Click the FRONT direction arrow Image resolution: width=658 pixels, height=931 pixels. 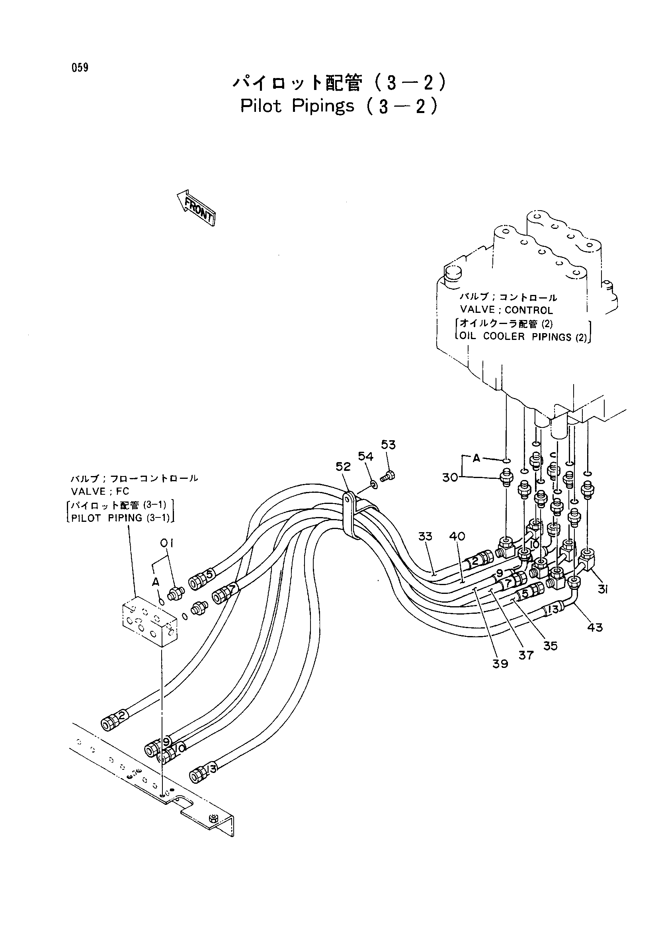(x=196, y=207)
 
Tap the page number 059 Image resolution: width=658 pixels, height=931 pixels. (x=80, y=68)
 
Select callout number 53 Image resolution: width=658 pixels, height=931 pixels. (x=388, y=445)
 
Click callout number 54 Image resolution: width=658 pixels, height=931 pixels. (x=365, y=457)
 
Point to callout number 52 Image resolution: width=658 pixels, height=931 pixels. (x=343, y=467)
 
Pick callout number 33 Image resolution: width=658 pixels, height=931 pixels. (x=425, y=537)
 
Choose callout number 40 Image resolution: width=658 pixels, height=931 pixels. (x=457, y=537)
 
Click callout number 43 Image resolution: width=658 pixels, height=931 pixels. (x=595, y=627)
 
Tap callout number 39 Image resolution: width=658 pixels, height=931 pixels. (x=500, y=664)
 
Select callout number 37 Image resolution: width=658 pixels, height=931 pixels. (x=526, y=655)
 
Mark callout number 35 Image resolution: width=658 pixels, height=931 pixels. (x=550, y=646)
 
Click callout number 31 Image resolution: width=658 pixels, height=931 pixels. (x=602, y=590)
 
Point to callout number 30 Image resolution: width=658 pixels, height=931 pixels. (x=450, y=478)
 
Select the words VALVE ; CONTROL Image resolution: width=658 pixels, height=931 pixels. (x=506, y=310)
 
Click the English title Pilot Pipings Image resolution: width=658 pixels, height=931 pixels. (x=297, y=106)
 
